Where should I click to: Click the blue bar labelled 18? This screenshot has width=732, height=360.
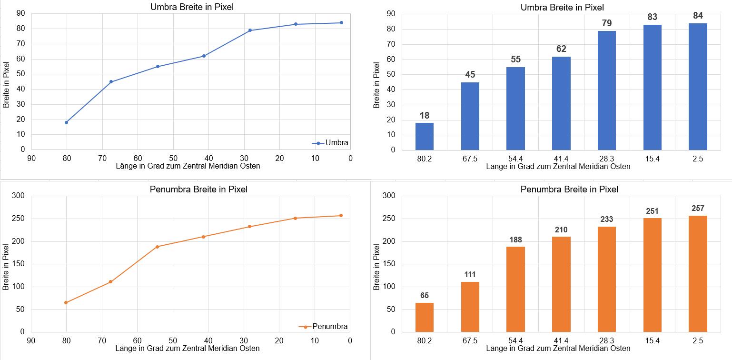click(x=424, y=136)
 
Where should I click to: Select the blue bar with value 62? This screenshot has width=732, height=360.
click(x=561, y=103)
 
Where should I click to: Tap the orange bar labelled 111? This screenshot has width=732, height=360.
click(x=470, y=307)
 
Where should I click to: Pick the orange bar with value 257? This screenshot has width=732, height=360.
click(x=698, y=274)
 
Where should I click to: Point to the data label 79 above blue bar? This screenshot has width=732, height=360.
click(x=607, y=23)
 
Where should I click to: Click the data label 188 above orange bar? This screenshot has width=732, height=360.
click(x=515, y=239)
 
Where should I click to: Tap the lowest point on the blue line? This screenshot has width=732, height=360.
click(x=66, y=122)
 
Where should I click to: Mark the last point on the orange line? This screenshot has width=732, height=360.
click(x=341, y=216)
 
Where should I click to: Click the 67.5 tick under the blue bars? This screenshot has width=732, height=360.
click(x=470, y=158)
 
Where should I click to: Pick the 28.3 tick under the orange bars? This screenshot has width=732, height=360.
click(x=607, y=340)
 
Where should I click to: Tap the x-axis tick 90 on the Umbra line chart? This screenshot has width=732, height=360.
click(x=31, y=159)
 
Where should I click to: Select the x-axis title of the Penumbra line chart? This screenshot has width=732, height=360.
click(x=188, y=349)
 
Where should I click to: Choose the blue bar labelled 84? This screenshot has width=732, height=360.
click(x=698, y=87)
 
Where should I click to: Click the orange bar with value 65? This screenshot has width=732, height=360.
click(x=424, y=317)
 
